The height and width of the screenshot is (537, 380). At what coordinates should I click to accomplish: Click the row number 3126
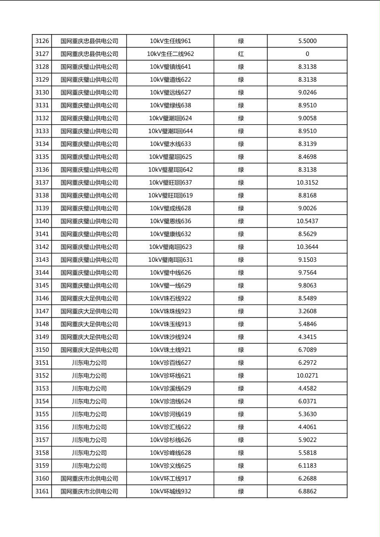(42, 41)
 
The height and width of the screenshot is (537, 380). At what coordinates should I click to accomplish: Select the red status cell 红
(241, 54)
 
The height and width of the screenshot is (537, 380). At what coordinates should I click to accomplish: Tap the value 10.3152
(307, 183)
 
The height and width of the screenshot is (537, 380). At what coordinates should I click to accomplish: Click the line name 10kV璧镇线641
(170, 67)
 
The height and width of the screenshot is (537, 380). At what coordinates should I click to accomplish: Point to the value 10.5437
(307, 221)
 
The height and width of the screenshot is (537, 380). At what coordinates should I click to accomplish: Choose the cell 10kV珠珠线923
(170, 311)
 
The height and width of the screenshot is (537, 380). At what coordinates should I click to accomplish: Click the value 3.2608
(307, 311)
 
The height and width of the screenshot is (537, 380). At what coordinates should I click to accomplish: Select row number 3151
(42, 363)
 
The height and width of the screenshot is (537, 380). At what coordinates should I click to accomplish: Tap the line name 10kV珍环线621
(170, 376)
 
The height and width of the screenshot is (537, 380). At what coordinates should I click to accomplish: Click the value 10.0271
(307, 376)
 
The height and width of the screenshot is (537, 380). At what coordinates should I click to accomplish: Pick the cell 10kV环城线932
(170, 491)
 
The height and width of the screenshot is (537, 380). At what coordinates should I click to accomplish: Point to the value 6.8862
(307, 491)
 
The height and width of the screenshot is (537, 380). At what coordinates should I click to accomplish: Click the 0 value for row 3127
(307, 54)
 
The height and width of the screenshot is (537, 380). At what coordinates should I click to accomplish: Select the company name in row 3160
(89, 479)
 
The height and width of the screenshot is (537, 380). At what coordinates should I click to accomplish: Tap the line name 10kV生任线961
(170, 41)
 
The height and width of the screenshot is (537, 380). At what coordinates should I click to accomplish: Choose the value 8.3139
(307, 144)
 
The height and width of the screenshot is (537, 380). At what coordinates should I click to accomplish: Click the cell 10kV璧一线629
(170, 286)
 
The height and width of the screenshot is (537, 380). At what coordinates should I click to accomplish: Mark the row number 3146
(42, 298)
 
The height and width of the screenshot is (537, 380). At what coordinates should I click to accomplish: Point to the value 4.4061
(307, 427)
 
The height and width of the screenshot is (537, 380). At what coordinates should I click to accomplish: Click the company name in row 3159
(89, 466)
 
